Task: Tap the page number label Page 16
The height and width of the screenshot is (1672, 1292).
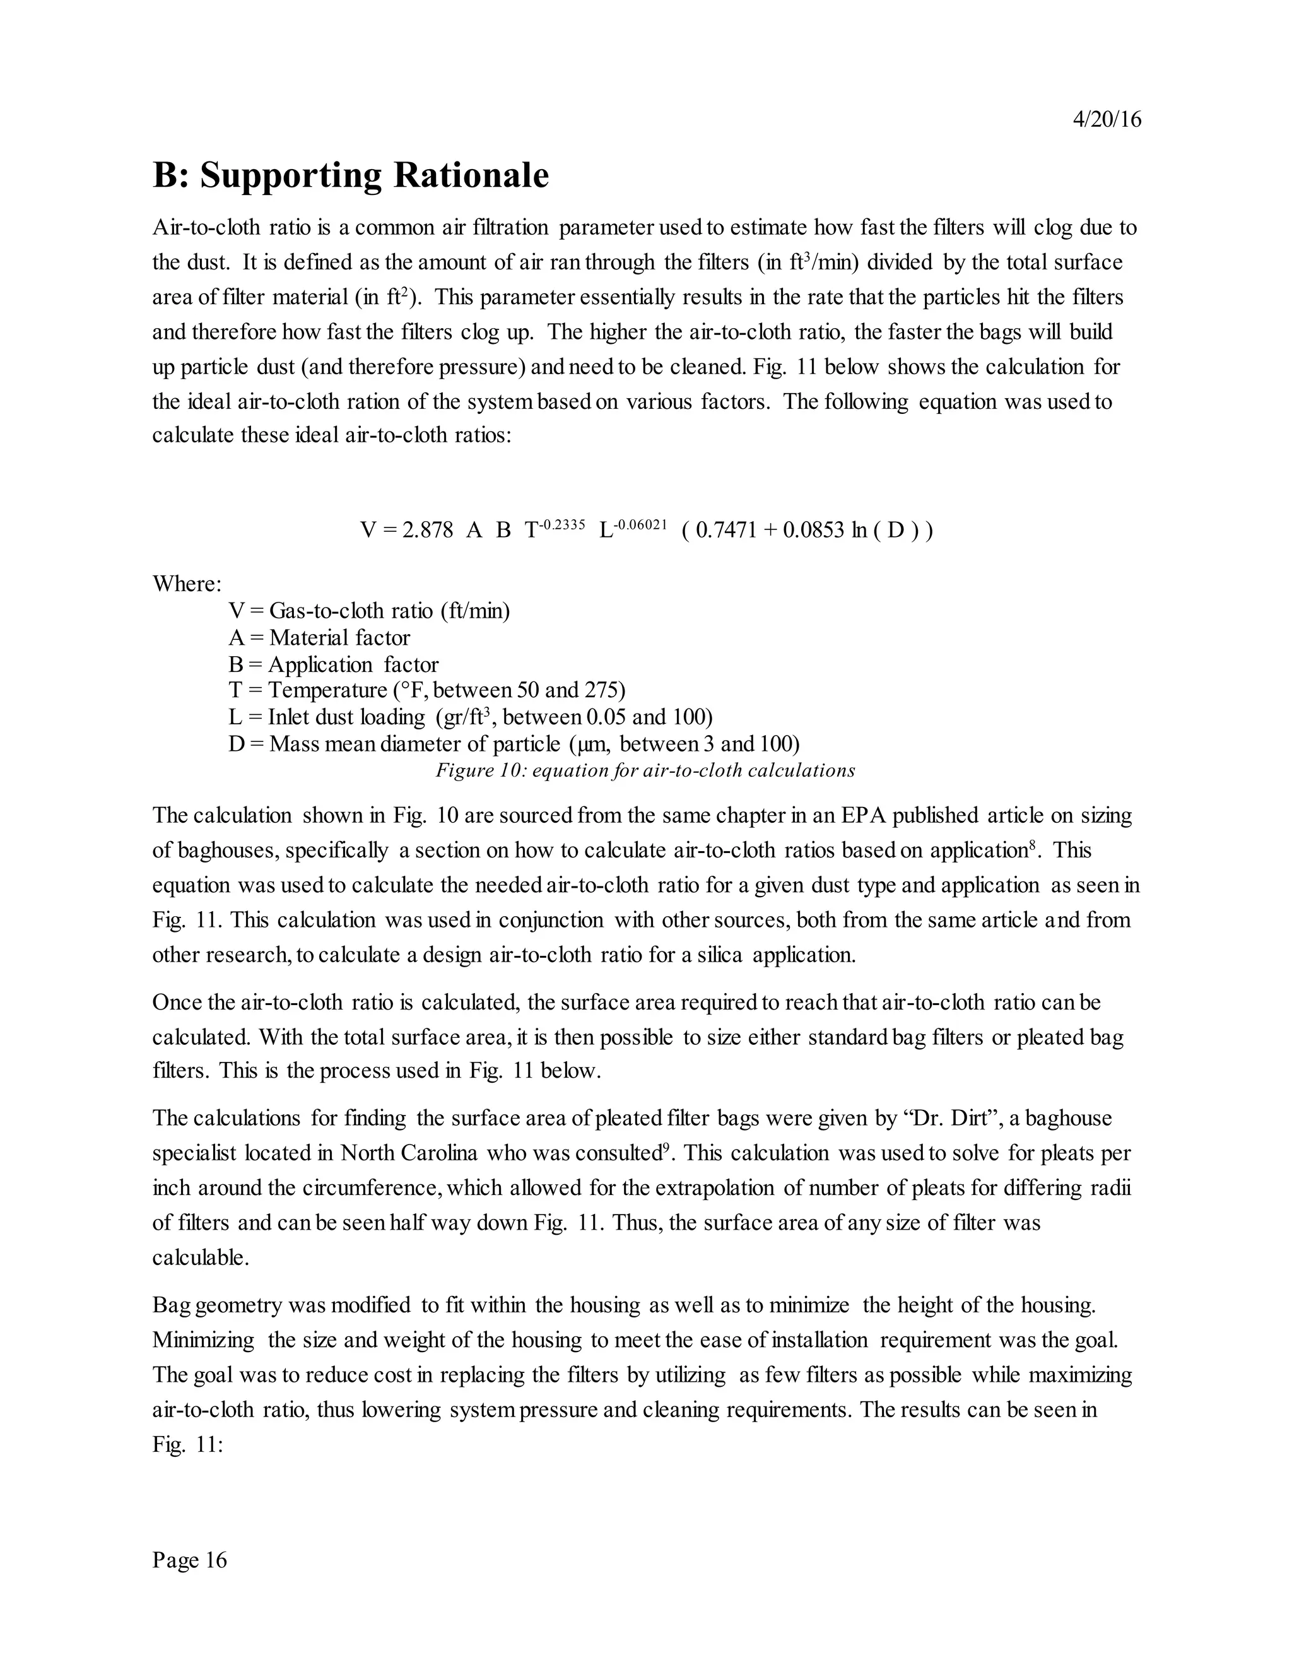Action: [x=190, y=1560]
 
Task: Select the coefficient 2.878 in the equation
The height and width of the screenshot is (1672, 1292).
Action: [x=427, y=530]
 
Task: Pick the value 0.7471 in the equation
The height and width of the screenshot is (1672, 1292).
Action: [x=725, y=530]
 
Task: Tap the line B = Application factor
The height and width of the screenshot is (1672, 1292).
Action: [x=334, y=664]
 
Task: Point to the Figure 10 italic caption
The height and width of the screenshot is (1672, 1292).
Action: [x=645, y=770]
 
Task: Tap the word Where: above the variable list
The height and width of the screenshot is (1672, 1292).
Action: [x=187, y=584]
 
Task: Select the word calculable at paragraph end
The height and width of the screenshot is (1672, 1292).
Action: [x=201, y=1258]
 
